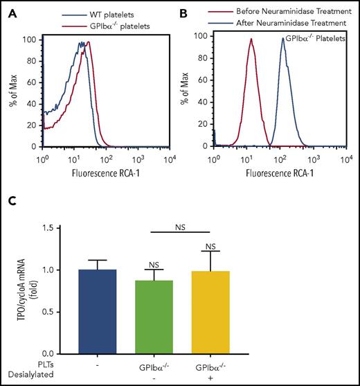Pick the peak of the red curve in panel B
tap(251, 39)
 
